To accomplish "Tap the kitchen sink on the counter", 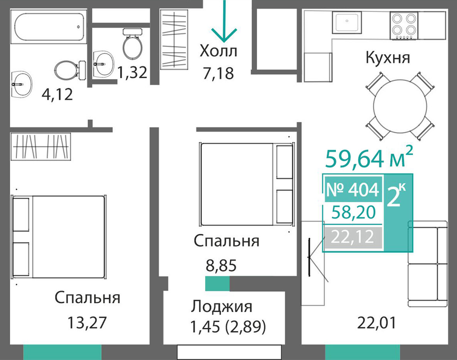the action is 347,22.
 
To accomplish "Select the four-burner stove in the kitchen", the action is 404,25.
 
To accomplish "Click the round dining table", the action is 400,106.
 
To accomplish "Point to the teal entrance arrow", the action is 224,21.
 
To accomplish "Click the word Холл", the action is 218,51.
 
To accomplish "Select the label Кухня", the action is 388,58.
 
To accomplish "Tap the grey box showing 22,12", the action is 353,237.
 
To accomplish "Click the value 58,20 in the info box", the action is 354,212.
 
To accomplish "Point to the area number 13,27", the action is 87,322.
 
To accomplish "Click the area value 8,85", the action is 221,265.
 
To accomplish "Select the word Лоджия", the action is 222,306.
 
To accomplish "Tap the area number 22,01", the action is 377,323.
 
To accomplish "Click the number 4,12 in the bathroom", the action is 57,95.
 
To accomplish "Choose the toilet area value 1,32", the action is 132,73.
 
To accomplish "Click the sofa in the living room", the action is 428,264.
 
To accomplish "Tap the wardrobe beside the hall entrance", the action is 174,39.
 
